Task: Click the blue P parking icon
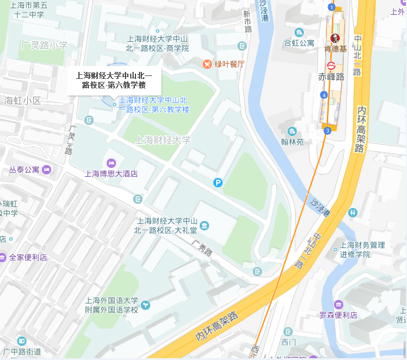click(x=218, y=183)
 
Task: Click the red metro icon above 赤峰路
click(x=331, y=64)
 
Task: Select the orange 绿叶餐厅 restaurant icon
click(x=207, y=64)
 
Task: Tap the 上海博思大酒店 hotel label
click(x=111, y=174)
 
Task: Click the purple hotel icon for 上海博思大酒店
click(x=111, y=163)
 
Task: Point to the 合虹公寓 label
click(x=299, y=43)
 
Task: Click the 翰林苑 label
click(x=292, y=142)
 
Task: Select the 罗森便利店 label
click(x=338, y=315)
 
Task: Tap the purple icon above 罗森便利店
click(x=338, y=304)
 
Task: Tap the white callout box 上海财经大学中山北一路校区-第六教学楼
click(x=114, y=80)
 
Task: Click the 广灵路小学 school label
click(x=44, y=45)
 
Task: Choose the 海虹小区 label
click(x=22, y=100)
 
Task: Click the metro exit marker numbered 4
click(x=324, y=95)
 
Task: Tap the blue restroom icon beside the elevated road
click(x=353, y=212)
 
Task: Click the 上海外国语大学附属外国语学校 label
click(x=111, y=305)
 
